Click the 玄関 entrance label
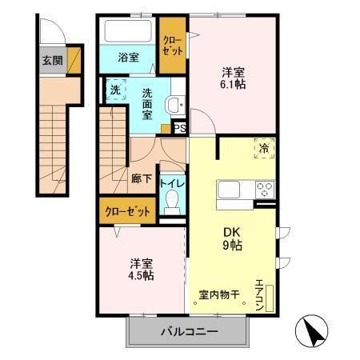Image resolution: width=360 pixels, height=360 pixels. [x=51, y=61]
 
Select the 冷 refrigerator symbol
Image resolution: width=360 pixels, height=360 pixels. [x=263, y=147]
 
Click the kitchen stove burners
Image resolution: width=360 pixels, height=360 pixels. [x=265, y=189]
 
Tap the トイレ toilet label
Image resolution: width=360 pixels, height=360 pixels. [x=172, y=182]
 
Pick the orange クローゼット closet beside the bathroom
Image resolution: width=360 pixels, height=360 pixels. [x=172, y=44]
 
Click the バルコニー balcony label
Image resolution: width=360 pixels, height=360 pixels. [x=187, y=331]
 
